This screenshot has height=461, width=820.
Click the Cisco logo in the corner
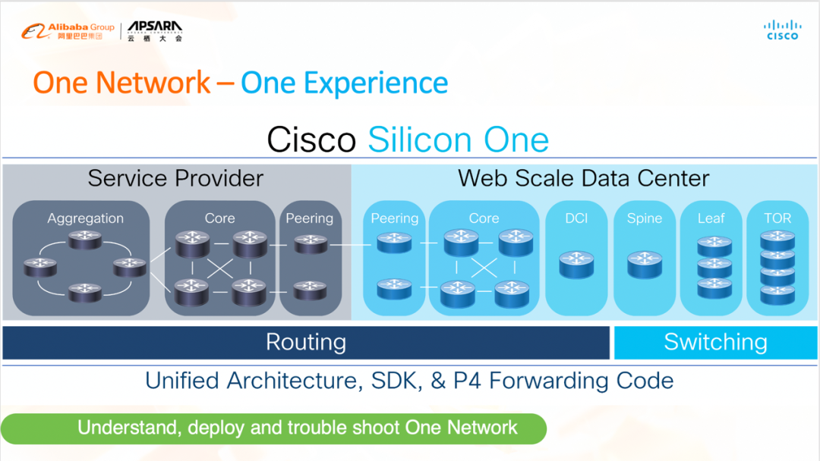coord(782,30)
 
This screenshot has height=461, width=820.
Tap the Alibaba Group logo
coord(68,31)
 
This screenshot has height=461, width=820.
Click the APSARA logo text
coord(155,30)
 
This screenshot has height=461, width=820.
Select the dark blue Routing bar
coord(306,343)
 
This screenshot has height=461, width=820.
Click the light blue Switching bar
coord(715,343)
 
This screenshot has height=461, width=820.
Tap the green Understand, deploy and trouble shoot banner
coord(273,428)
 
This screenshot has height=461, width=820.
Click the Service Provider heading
coord(175,178)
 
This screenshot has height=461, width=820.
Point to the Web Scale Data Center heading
coord(583,178)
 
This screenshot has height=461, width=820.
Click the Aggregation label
coord(85,218)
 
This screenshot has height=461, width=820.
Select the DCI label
coord(576,218)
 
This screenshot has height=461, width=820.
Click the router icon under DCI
coord(576,264)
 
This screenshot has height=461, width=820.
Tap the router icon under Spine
coord(645,264)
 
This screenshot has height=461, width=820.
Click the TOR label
coord(777,218)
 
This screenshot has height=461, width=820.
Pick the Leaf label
coord(711,218)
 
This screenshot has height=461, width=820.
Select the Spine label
coord(645,218)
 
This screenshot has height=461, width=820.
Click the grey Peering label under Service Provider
coord(309,218)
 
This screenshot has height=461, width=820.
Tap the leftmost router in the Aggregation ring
coord(39,266)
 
